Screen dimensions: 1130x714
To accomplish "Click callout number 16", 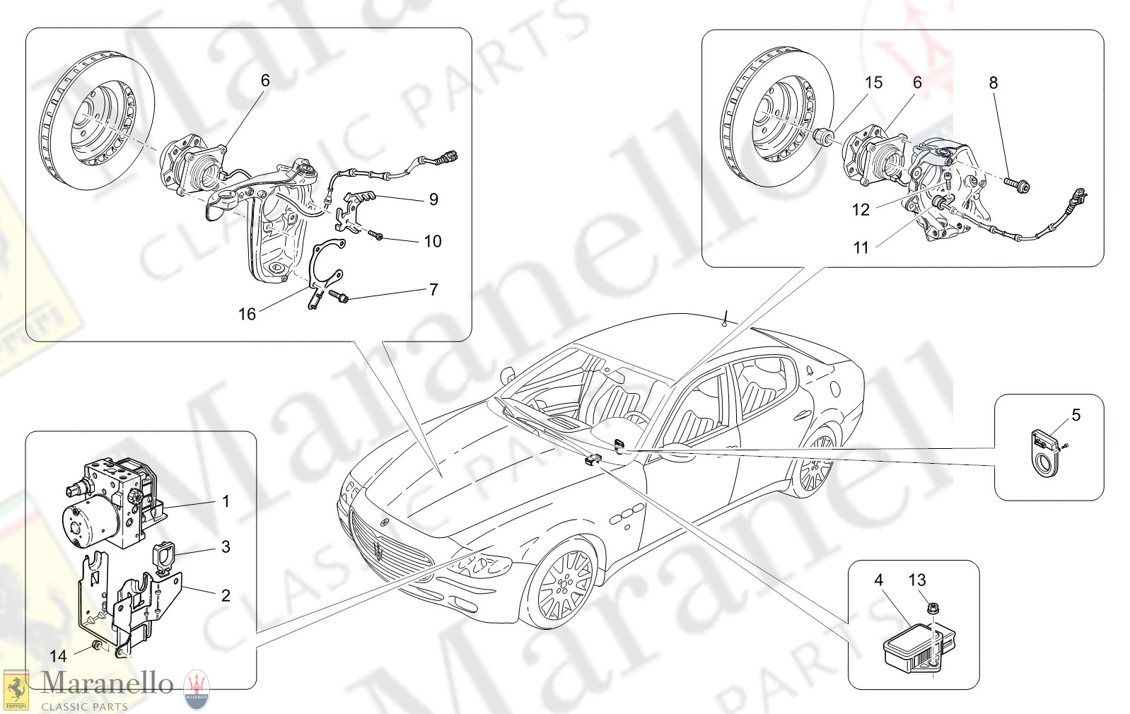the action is coord(247,314).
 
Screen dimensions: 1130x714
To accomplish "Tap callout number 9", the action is coord(433,199).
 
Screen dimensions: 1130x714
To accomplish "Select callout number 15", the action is coord(874,82).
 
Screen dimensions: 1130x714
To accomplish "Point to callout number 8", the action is coord(993,83).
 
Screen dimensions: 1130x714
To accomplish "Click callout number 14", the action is coord(58,655).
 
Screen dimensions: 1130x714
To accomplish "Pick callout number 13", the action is coord(916,580).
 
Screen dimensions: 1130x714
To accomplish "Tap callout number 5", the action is coord(1076,415).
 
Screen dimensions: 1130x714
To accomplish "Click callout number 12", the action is coord(861,210).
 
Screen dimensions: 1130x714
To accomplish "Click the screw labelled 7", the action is coord(338,296).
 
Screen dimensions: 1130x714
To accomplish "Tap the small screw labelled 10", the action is coord(375,235).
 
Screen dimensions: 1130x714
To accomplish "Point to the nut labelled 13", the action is coord(933,608).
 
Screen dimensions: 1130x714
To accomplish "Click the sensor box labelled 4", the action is coord(919,649).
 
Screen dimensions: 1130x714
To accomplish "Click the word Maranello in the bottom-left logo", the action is coord(107,684).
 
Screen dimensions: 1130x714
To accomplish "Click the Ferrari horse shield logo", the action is coord(16,690).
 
